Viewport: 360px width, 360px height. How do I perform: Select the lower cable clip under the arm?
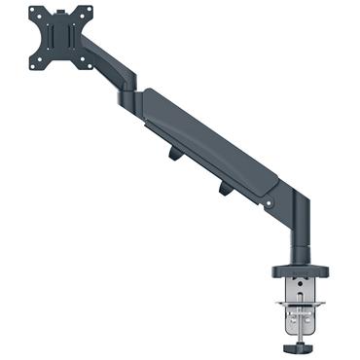(x=226, y=188)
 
